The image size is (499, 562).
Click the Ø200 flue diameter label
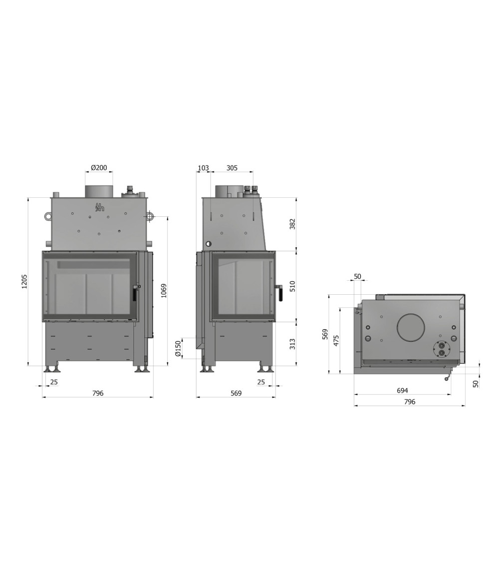coord(99,168)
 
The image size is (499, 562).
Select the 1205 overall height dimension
coord(24,281)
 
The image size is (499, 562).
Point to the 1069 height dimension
coord(164,291)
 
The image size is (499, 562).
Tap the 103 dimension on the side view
coord(203,168)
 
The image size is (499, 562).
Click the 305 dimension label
coord(232,168)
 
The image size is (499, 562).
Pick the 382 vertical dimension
coord(292,224)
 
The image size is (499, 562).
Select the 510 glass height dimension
coord(292,286)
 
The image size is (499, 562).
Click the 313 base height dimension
coord(292,344)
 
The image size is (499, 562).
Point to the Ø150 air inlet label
coord(178,348)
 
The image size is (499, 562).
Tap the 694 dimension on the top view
coord(402,391)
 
